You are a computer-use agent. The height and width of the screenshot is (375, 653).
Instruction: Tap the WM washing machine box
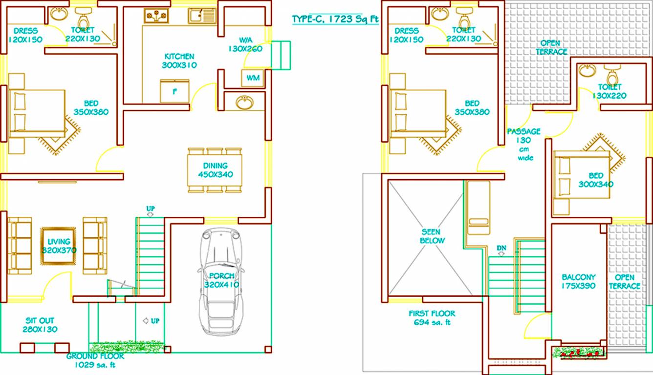pyautogui.click(x=252, y=78)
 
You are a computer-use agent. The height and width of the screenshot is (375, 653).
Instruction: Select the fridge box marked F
pyautogui.click(x=174, y=91)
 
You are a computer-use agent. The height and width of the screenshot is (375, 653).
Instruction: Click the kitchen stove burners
pyautogui.click(x=156, y=16)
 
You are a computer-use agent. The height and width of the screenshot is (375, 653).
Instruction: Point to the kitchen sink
pyautogui.click(x=202, y=16)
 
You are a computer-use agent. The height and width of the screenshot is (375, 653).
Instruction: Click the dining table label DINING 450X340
pyautogui.click(x=216, y=170)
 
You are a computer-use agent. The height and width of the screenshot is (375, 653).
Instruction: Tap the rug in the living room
pyautogui.click(x=58, y=246)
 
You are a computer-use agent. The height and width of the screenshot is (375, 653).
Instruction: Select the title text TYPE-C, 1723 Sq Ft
pyautogui.click(x=335, y=19)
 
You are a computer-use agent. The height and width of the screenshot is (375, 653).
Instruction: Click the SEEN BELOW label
pyautogui.click(x=430, y=236)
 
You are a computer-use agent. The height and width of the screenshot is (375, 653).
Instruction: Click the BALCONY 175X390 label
pyautogui.click(x=578, y=281)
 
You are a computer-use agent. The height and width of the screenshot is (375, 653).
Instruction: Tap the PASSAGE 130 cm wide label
pyautogui.click(x=523, y=144)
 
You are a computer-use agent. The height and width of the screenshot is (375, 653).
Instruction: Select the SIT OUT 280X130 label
pyautogui.click(x=40, y=325)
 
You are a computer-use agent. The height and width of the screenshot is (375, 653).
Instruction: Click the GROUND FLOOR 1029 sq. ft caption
pyautogui.click(x=95, y=360)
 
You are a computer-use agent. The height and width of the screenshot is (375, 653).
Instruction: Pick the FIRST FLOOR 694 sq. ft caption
pyautogui.click(x=432, y=318)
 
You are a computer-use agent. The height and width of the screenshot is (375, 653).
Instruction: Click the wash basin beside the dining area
pyautogui.click(x=244, y=103)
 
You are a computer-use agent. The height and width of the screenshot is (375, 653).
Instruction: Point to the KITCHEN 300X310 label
pyautogui.click(x=179, y=61)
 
